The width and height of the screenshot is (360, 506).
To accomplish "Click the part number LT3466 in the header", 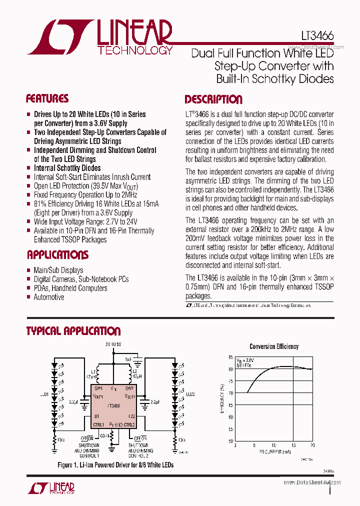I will click(317, 36).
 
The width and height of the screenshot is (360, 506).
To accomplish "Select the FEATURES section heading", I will click(47, 98).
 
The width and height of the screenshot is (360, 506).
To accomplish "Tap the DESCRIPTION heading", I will click(213, 99).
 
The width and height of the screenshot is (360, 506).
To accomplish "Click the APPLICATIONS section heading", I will click(57, 255).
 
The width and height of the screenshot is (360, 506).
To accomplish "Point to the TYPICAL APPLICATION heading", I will click(73, 331).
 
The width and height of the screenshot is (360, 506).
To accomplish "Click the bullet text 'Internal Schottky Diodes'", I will click(67, 168).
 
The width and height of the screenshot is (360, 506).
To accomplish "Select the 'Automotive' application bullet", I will click(48, 297).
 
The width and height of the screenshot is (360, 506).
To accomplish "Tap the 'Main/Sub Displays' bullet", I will click(58, 270).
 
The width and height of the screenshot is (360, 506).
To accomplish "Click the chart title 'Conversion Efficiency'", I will click(274, 346).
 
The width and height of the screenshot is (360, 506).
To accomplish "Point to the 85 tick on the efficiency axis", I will click(230, 357).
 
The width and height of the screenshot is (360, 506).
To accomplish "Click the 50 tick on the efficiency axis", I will click(230, 441).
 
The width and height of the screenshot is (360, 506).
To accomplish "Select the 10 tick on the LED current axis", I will click(273, 445).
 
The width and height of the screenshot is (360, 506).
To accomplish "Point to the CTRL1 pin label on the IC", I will click(98, 424).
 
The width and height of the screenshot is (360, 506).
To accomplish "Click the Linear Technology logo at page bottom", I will click(55, 487).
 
